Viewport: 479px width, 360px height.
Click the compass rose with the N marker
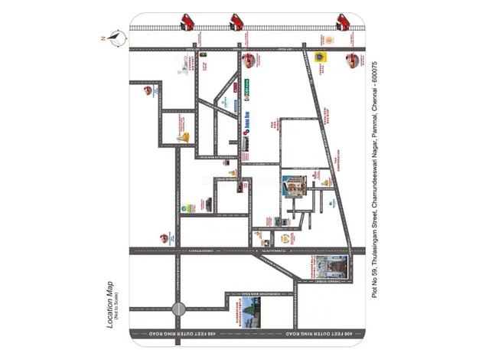(x=116, y=34)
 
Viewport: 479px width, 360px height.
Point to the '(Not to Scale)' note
(x=119, y=306)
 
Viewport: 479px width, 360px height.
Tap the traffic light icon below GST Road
(x=203, y=55)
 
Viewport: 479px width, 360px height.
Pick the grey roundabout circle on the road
(x=178, y=309)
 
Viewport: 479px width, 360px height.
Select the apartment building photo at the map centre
(x=294, y=187)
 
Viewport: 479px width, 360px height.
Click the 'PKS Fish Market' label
(x=272, y=123)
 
